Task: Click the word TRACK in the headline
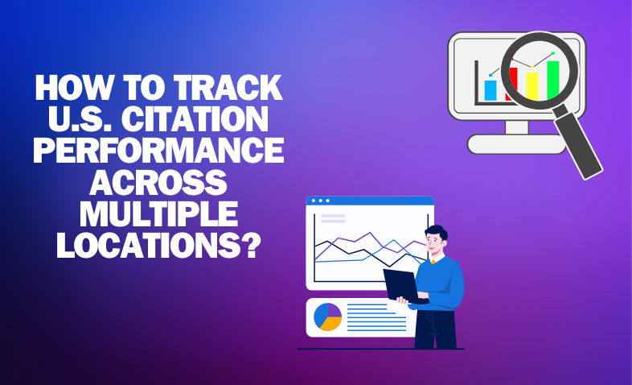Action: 228,88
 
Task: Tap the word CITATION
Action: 195,119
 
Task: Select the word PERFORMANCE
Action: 158,150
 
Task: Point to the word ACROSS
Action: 158,181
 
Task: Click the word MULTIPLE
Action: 158,213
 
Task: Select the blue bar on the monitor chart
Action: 490,90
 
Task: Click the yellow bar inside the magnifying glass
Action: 532,86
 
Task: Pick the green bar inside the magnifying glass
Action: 553,80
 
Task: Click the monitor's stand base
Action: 517,144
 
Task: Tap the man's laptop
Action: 402,286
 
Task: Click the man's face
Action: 434,243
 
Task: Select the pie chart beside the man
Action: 328,317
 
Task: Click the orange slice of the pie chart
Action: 330,324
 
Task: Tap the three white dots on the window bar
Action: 321,201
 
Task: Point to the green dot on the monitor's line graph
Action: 553,53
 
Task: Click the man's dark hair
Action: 437,232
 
